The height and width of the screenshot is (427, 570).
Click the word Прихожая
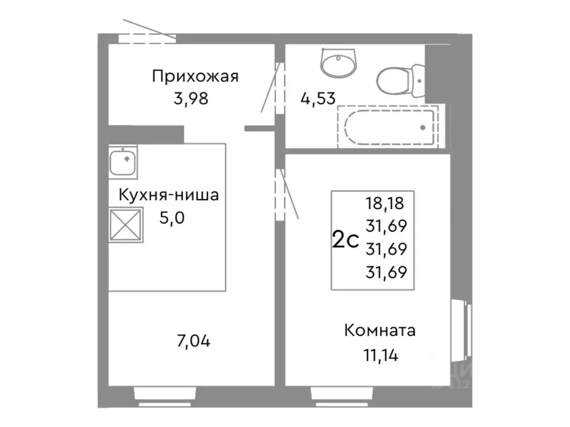[x=195, y=76]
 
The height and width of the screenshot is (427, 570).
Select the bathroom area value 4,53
[x=318, y=99]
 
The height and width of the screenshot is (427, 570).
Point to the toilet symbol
[x=401, y=80]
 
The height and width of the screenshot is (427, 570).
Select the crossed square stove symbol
[x=125, y=225]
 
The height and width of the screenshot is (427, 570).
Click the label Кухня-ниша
[x=168, y=195]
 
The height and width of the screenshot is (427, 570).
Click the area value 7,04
[x=193, y=340]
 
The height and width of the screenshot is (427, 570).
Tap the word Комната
[x=380, y=331]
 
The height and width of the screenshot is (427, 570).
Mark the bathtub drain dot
[x=423, y=127]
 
